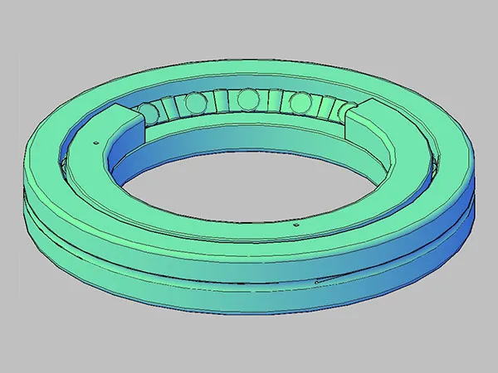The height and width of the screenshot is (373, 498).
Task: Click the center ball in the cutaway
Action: pyautogui.click(x=246, y=101)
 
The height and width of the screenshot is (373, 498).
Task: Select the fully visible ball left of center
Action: pyautogui.click(x=196, y=103)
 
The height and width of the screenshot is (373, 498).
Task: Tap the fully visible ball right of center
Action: pyautogui.click(x=296, y=104)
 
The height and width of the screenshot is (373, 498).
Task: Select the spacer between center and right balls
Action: pyautogui.click(x=271, y=103)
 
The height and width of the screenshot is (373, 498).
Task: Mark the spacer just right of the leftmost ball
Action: pyautogui.click(x=171, y=107)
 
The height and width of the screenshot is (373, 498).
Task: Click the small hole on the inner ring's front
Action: pyautogui.click(x=295, y=224)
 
